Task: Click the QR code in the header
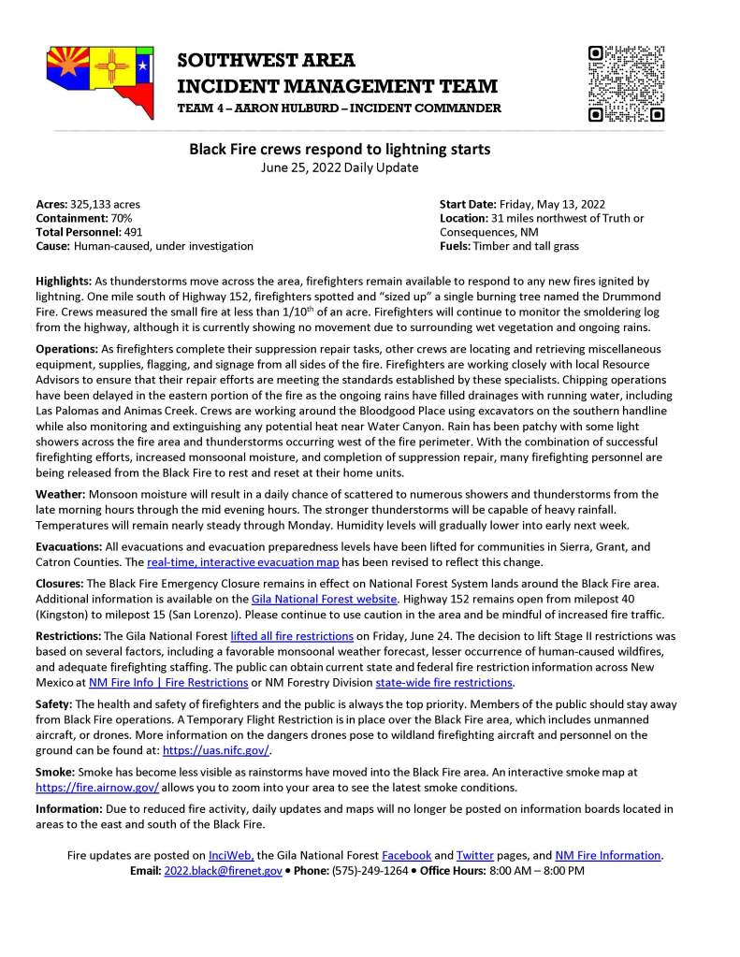coord(626,83)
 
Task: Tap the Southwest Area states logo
coord(100,80)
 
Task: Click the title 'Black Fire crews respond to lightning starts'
coord(341,149)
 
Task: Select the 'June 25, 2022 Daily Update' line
coord(340,167)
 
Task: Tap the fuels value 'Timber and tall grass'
coord(526,246)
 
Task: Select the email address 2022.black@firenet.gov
coord(223,870)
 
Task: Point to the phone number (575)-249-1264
coord(370,870)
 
